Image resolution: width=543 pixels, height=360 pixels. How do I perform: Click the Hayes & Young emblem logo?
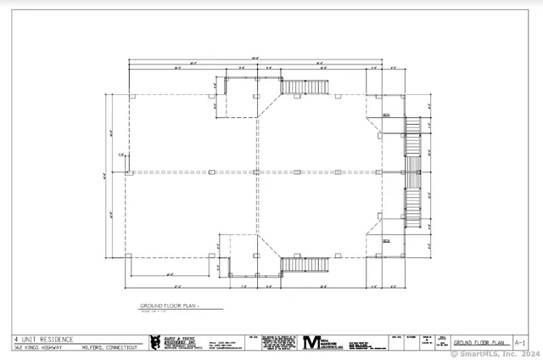click(154, 342)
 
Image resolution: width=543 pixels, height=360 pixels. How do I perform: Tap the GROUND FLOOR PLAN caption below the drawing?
click(171, 304)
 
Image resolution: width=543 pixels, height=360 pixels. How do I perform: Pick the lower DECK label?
click(386, 241)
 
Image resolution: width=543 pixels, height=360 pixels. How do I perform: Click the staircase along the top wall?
click(305, 87)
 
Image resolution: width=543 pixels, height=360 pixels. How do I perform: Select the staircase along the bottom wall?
click(305, 266)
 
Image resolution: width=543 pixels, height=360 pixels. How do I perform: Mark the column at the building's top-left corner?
click(129, 96)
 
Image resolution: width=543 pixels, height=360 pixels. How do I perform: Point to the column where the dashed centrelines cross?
click(256, 173)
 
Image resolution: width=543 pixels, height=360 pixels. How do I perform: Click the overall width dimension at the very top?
click(255, 59)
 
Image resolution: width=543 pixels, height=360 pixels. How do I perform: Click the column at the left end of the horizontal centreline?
click(129, 173)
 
